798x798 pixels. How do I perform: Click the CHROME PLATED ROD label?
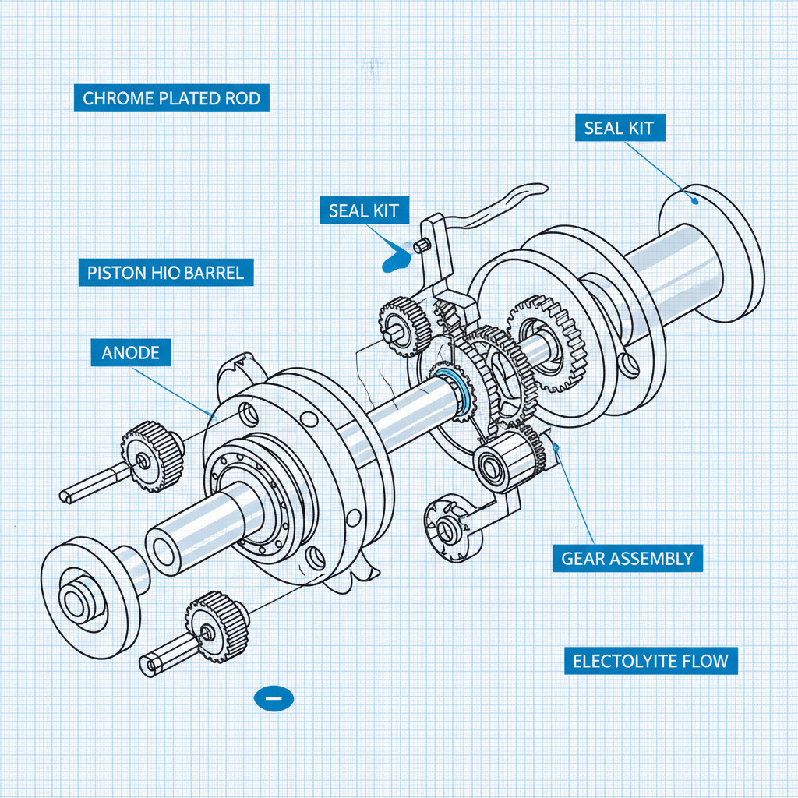[x=171, y=99]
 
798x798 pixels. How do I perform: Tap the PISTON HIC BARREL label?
[x=165, y=273]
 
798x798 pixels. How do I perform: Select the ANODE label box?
[x=130, y=353]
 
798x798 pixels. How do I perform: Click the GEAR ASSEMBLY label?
[x=627, y=558]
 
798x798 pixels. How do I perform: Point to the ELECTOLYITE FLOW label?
[x=651, y=662]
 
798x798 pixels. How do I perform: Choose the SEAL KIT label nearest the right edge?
[x=619, y=128]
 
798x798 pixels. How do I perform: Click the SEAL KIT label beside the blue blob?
[x=363, y=210]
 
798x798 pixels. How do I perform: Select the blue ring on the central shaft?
[x=454, y=389]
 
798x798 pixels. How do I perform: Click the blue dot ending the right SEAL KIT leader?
[x=694, y=199]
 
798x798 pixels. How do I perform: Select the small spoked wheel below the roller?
[x=446, y=526]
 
